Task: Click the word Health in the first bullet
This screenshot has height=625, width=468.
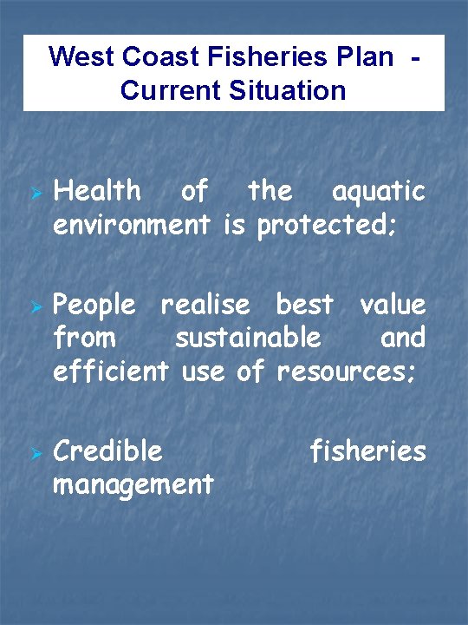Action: point(97,191)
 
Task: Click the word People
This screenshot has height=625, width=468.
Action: point(94,306)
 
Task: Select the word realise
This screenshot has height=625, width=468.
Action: point(205,305)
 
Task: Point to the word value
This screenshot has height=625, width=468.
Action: point(393,305)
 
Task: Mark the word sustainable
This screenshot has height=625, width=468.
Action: point(248,337)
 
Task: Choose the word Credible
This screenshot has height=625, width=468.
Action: point(107,451)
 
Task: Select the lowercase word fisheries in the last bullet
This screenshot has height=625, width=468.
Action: point(368,451)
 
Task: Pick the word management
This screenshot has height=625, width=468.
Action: point(133,484)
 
